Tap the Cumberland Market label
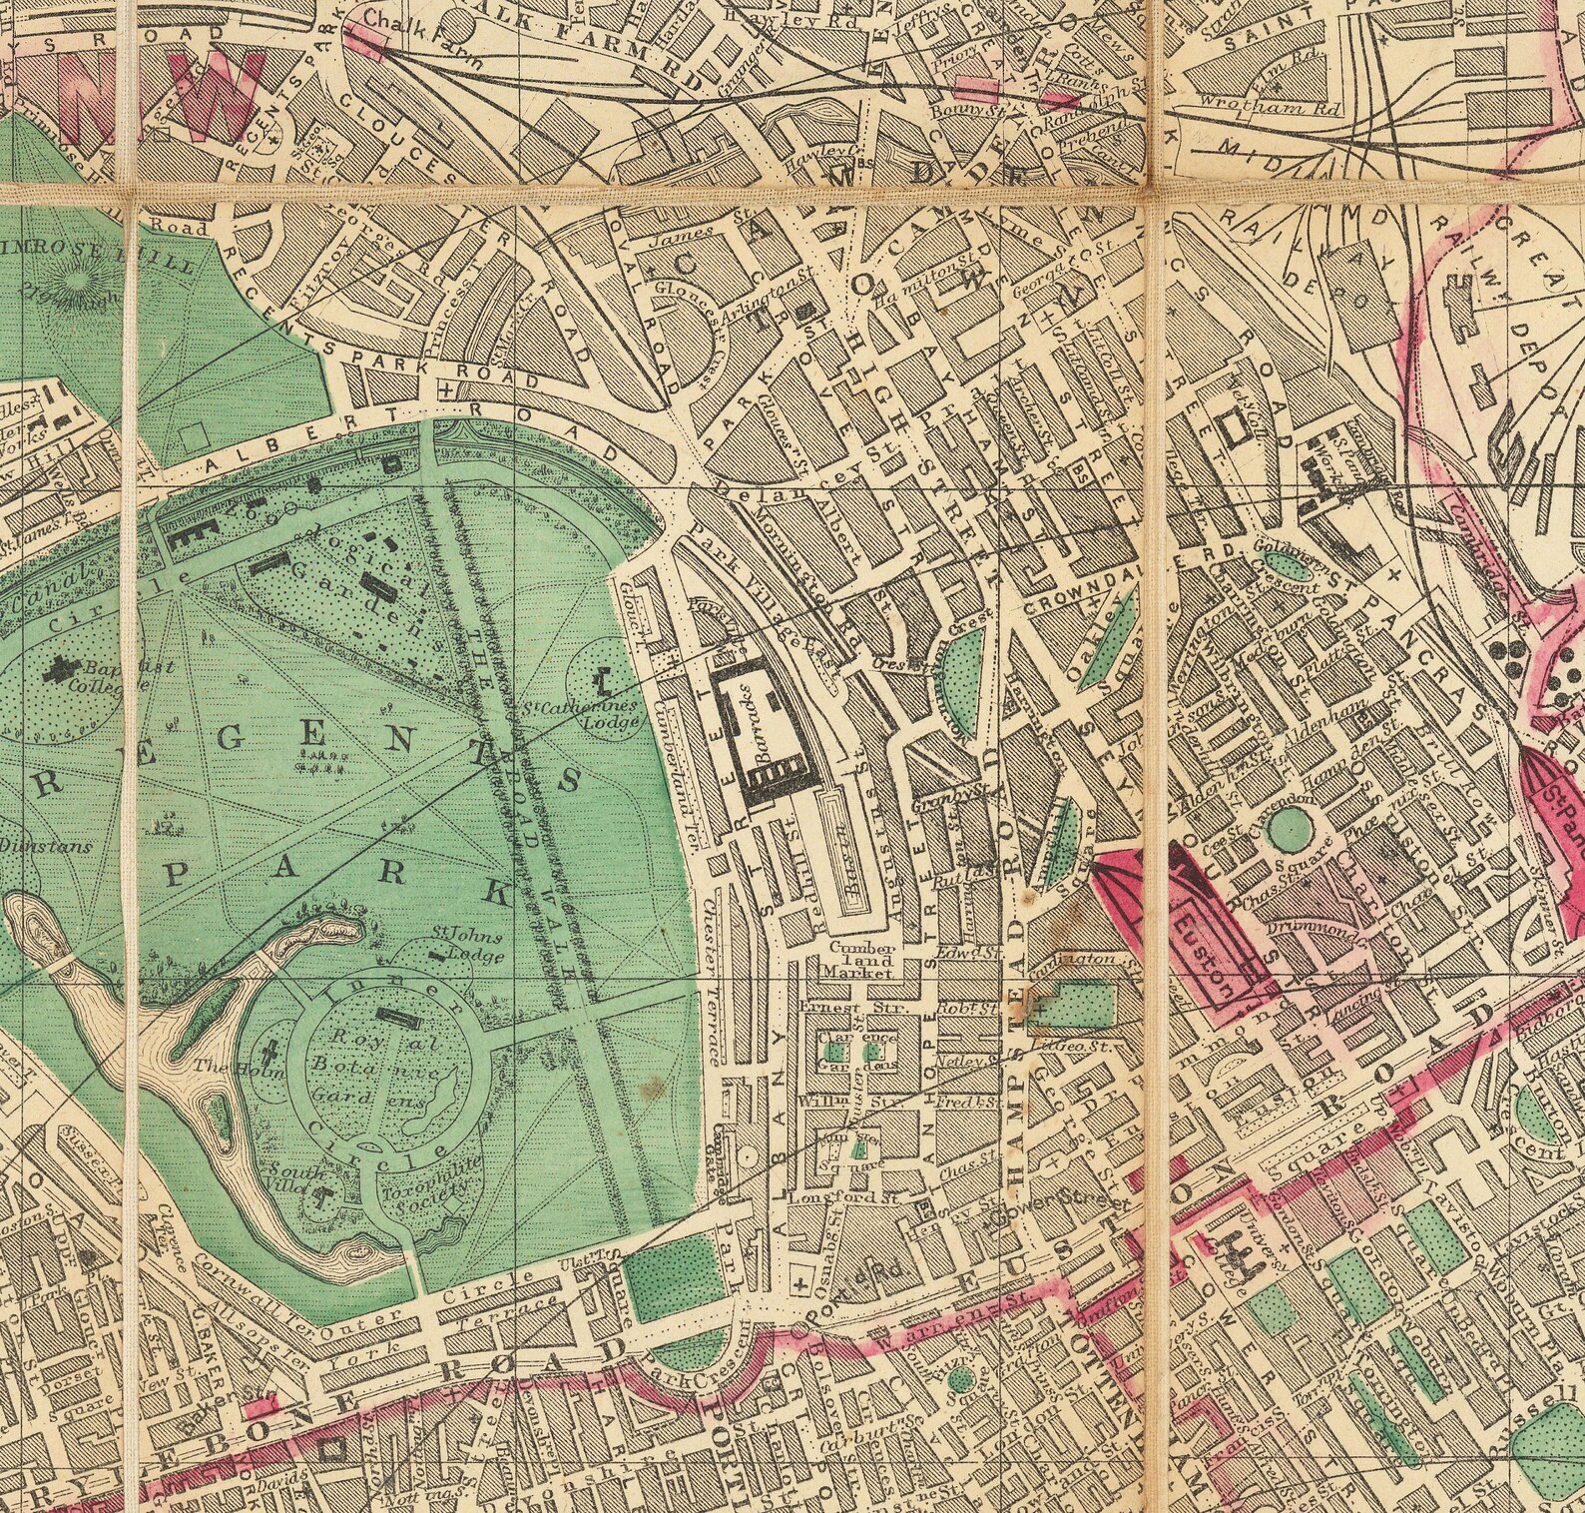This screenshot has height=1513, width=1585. click(x=851, y=958)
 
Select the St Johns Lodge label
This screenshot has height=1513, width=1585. click(x=466, y=944)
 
